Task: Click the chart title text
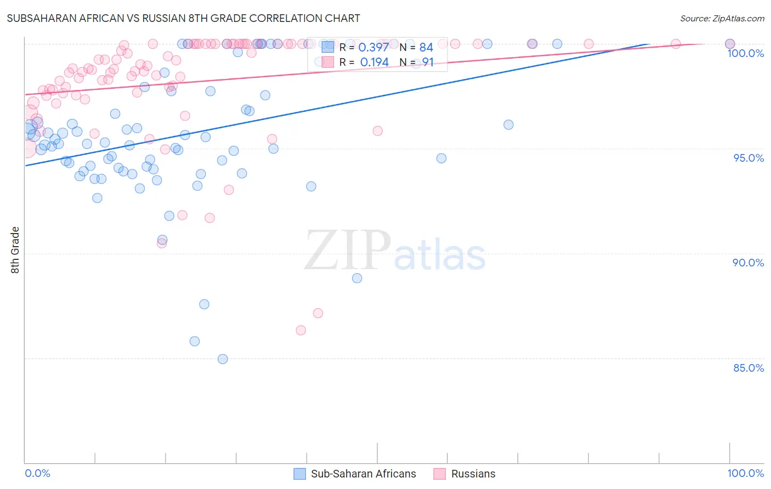183,18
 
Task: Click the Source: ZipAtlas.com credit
722,19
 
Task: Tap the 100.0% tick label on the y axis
745,53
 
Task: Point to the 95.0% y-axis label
749,158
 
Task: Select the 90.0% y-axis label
748,263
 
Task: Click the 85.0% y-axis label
749,368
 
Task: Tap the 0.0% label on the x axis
37,474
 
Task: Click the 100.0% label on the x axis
745,474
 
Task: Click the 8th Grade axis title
15,250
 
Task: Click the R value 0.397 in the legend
373,48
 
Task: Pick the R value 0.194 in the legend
374,62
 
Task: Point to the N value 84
426,48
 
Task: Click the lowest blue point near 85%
223,359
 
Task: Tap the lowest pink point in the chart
301,330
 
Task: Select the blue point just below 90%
357,278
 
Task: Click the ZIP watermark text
348,251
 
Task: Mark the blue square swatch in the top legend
328,47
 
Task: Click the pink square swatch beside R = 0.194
328,62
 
